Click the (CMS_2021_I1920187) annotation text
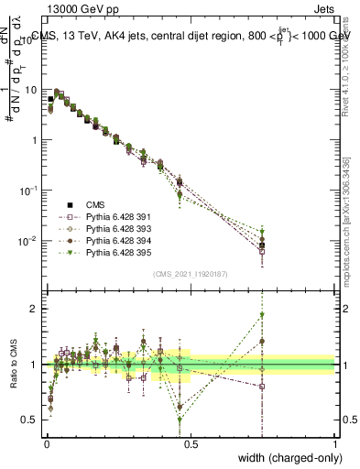[x=191, y=273]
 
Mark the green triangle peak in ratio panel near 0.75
[x=262, y=314]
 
